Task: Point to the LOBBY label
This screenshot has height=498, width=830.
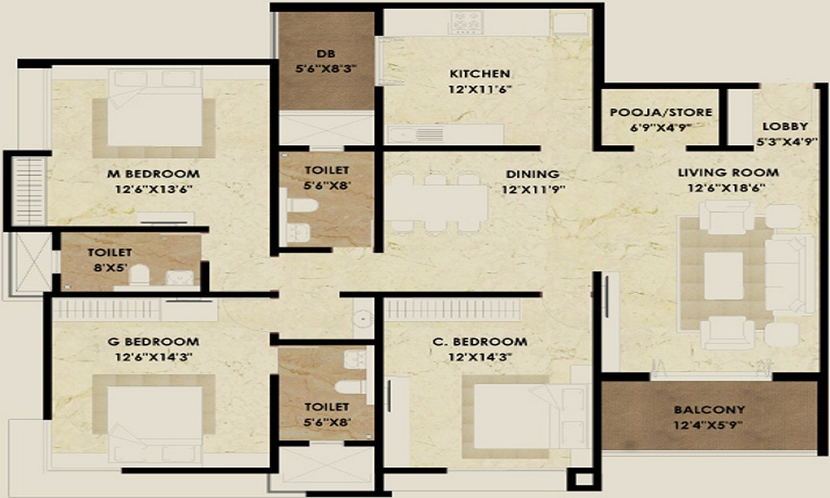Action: (784, 126)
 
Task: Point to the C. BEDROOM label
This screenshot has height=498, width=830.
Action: (486, 341)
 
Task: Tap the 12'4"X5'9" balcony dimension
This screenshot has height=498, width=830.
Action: (708, 426)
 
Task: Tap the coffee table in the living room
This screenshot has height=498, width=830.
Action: (724, 273)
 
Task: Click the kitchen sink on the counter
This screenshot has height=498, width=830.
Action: (406, 133)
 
